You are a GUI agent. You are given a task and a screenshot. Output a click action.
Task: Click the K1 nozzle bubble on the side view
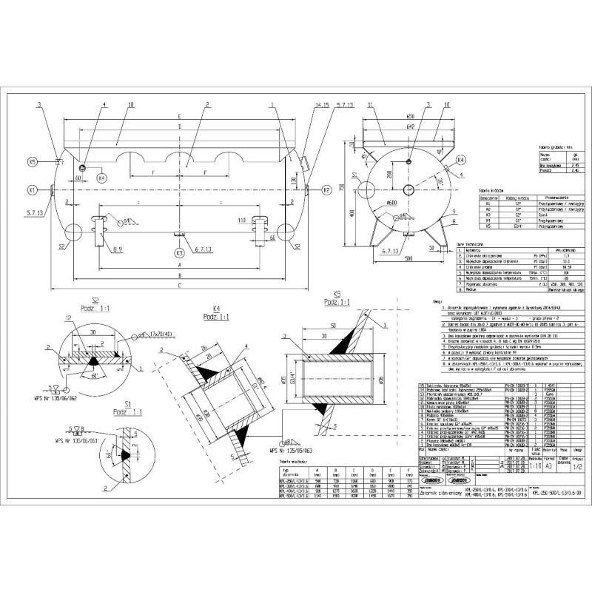pyautogui.click(x=32, y=190)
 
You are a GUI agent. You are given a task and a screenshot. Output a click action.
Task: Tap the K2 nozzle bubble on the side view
pyautogui.click(x=326, y=190)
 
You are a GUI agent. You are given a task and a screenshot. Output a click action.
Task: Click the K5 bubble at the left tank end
pyautogui.click(x=32, y=161)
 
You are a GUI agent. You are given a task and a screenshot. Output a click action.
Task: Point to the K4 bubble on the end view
pyautogui.click(x=461, y=160)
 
